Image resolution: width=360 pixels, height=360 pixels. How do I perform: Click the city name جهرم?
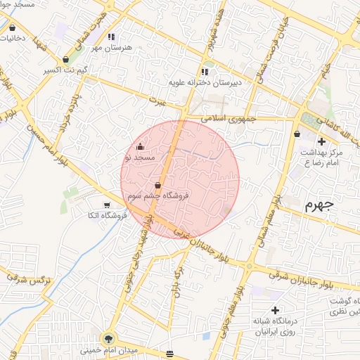[318, 206]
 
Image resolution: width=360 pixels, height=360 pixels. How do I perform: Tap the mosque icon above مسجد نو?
[140, 147]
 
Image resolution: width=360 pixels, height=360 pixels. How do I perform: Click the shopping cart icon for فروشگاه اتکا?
[105, 205]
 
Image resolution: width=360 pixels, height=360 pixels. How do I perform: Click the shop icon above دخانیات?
[14, 29]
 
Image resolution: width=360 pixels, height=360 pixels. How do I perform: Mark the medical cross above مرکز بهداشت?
[321, 141]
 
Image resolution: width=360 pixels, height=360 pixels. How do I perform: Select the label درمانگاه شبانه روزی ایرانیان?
[274, 327]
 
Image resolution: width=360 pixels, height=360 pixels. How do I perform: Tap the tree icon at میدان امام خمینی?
[107, 338]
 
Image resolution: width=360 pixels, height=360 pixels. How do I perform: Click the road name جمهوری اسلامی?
[226, 119]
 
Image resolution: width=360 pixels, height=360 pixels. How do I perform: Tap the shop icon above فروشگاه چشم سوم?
[157, 186]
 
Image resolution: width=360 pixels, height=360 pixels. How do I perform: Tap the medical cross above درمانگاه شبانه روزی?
[274, 310]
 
